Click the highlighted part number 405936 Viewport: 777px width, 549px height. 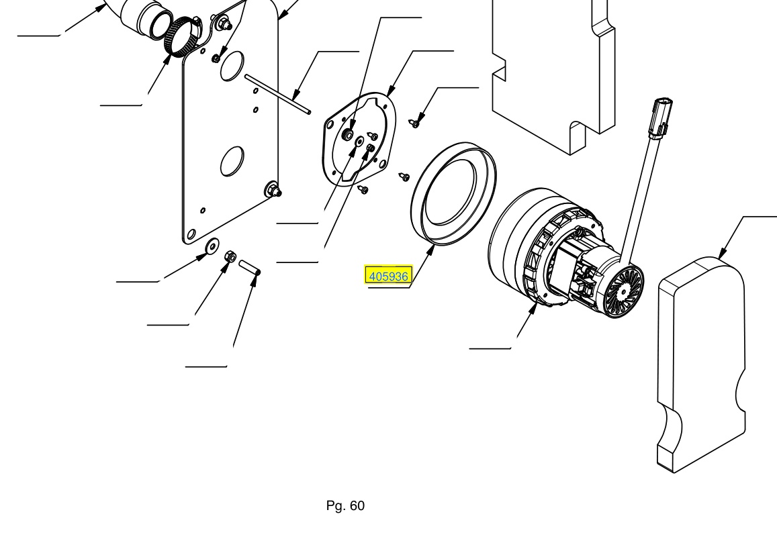coord(388,276)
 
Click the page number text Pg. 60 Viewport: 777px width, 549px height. coord(345,505)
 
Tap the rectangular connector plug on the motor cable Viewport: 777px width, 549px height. coord(661,116)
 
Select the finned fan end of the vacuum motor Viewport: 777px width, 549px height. coord(623,291)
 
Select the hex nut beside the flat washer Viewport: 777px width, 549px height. coord(230,256)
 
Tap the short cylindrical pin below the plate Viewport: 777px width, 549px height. coord(250,267)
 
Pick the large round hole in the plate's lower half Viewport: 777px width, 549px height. coord(232,161)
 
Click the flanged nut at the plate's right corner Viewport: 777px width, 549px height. coord(273,189)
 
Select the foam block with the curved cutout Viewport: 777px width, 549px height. coord(701,364)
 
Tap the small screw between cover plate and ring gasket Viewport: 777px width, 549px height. coord(404,177)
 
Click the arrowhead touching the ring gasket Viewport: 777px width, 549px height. coord(431,250)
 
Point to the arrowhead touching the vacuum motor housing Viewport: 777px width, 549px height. coord(534,308)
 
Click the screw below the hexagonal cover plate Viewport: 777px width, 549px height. coord(363,189)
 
